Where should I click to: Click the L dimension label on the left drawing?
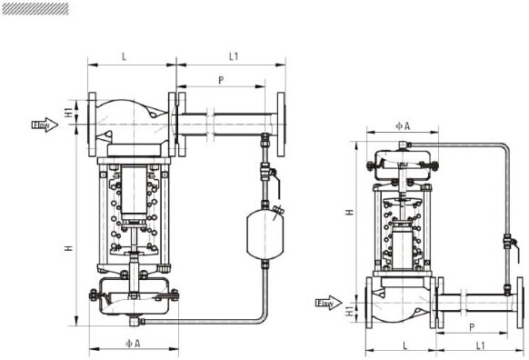click(125, 56)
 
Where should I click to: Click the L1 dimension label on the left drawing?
click(234, 56)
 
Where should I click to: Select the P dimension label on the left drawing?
click(221, 80)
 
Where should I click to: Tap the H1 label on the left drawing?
click(68, 113)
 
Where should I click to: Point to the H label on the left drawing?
click(69, 248)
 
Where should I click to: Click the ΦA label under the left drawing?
click(133, 344)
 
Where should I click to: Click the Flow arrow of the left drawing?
click(45, 125)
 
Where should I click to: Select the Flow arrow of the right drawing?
click(329, 303)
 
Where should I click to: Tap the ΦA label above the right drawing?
click(403, 126)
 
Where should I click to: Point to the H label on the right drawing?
click(350, 212)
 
